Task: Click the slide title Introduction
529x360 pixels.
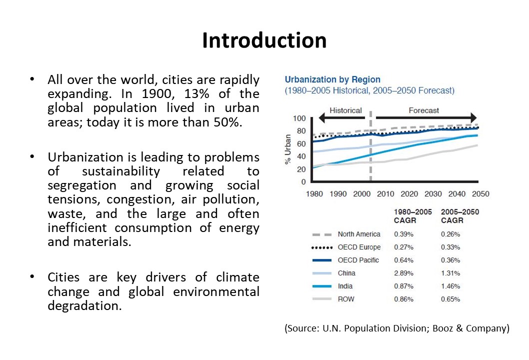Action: tap(264, 40)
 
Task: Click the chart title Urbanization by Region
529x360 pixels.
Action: tap(332, 79)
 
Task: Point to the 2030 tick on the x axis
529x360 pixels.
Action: tap(432, 193)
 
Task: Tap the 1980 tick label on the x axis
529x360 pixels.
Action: tap(314, 193)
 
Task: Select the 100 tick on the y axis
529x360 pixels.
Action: tap(299, 118)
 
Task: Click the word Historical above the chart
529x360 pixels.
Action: tap(345, 110)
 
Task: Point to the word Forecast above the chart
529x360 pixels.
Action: tap(423, 110)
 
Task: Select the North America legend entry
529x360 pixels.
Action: tap(358, 234)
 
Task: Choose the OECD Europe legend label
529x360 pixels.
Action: tap(358, 247)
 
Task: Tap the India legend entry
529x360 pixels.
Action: tap(345, 286)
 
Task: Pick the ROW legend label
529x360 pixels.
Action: tap(345, 299)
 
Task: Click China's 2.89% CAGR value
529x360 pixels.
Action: tap(403, 273)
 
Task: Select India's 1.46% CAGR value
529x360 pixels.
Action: tap(450, 286)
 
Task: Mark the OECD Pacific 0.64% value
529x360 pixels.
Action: tap(403, 260)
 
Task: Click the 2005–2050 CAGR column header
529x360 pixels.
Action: tap(459, 216)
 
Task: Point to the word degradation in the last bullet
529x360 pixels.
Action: tap(84, 305)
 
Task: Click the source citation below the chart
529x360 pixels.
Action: tap(396, 328)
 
